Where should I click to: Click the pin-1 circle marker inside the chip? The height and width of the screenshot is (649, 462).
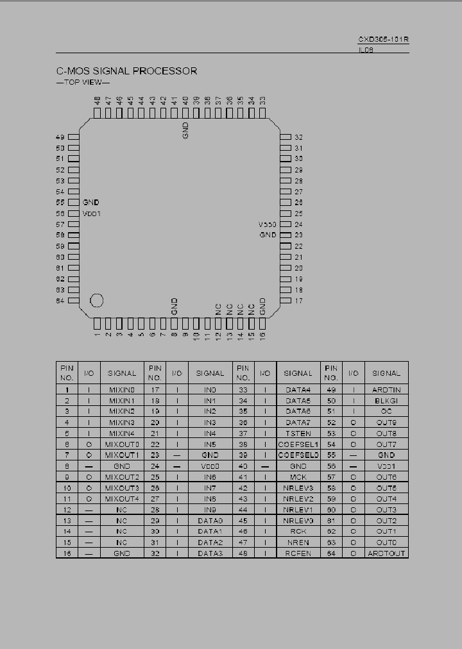pos(98,300)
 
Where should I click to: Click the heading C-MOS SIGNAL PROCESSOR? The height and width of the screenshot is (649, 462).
pos(127,71)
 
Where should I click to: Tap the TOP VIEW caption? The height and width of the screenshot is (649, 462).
pos(83,83)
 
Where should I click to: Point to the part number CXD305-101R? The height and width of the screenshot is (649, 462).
pos(384,39)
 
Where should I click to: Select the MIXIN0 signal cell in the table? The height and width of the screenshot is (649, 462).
pos(122,390)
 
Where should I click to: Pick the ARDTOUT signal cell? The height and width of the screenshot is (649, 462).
pos(386,553)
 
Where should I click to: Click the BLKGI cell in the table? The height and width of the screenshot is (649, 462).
pos(386,401)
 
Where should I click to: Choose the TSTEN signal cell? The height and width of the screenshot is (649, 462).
pos(298,434)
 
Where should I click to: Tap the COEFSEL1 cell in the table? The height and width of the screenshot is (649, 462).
pos(298,444)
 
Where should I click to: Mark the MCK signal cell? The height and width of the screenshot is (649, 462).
pos(298,477)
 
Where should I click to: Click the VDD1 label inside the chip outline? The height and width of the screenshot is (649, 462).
pos(92,214)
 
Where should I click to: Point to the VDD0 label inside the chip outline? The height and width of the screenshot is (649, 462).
pos(267,224)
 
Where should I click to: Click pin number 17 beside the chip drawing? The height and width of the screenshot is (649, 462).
pos(298,301)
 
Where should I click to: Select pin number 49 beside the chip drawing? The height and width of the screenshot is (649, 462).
pos(60,137)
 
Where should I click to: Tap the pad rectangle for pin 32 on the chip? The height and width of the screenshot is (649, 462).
pos(286,137)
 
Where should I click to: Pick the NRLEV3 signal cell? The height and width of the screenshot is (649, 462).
pos(298,488)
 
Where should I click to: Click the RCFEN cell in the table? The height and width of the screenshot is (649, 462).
pos(298,553)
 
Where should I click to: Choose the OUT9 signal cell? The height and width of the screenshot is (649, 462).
pos(386,423)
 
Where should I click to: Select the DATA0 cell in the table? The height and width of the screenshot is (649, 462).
pos(210,521)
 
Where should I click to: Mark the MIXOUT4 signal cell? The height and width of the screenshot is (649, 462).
pos(122,499)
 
